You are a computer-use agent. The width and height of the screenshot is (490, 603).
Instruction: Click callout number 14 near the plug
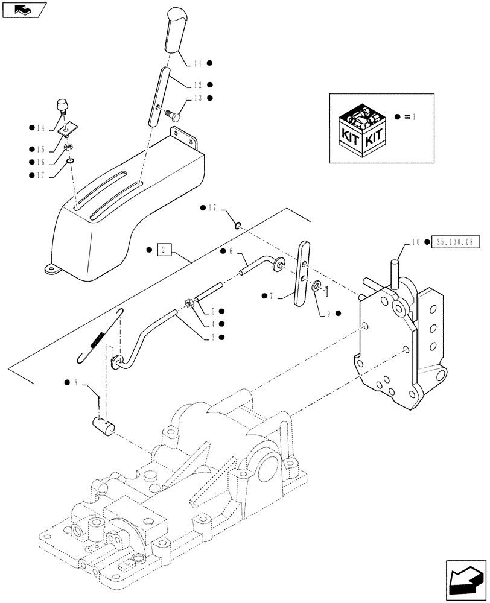40,128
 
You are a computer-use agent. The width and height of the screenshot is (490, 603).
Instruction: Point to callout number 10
416,242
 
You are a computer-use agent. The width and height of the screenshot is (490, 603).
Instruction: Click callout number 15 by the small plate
40,148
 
